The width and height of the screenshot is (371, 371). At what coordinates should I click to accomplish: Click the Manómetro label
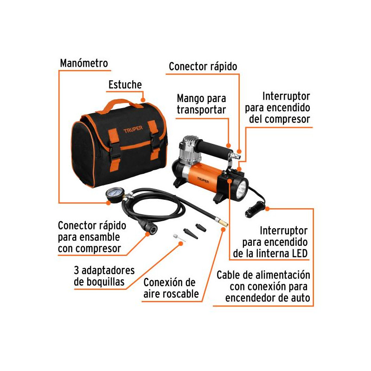tap(84, 63)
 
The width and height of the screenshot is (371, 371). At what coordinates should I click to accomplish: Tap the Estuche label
tap(125, 85)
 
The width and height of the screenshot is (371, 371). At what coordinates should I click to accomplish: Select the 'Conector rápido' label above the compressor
tap(203, 66)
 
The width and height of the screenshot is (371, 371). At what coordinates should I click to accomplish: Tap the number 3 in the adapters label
tap(77, 270)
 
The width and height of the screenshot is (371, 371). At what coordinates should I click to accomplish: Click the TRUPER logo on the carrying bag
tap(133, 129)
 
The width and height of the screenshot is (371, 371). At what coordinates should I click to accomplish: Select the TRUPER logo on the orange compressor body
tap(203, 180)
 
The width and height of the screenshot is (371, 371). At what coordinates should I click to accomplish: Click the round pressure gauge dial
tap(115, 194)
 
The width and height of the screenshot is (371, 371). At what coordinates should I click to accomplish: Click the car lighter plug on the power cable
tap(254, 209)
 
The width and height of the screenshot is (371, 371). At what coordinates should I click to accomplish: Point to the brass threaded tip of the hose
tap(223, 223)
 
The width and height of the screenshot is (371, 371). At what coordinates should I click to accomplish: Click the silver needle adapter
tap(179, 238)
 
